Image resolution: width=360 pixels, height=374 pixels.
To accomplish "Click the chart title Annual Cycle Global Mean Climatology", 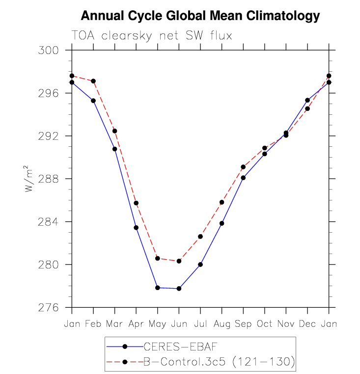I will click(x=200, y=16).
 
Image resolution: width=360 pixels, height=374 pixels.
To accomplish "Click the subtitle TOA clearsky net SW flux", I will click(x=152, y=36).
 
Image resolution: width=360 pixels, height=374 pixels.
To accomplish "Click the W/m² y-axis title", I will click(x=30, y=179).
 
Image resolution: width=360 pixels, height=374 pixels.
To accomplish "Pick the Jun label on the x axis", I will click(x=179, y=324).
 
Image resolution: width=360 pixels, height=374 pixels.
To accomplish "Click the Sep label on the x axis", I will click(x=243, y=324).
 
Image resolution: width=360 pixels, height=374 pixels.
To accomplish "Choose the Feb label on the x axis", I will click(x=93, y=324).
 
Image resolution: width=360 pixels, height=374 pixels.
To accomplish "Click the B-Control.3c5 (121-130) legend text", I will click(x=219, y=362).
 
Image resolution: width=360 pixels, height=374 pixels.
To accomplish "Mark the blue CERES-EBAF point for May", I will click(x=158, y=288).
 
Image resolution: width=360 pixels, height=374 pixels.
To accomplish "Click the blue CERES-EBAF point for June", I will click(x=179, y=289).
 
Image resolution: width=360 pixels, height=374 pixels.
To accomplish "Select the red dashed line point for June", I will click(x=179, y=261).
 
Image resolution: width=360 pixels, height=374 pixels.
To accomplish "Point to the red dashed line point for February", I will click(x=93, y=81).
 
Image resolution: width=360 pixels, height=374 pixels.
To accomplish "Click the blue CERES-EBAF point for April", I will click(x=136, y=228).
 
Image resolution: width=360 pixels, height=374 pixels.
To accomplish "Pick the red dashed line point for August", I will click(x=222, y=202).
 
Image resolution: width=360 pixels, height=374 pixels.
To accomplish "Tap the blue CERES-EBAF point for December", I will click(x=307, y=100).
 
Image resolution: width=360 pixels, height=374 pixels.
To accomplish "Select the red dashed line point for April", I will click(x=136, y=203).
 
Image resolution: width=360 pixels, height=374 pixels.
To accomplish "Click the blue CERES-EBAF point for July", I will click(x=200, y=265).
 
